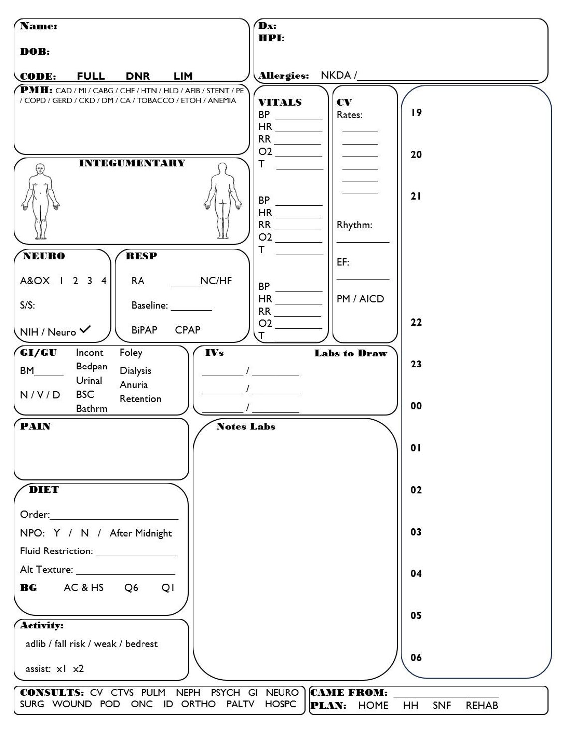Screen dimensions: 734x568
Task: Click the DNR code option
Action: point(138,76)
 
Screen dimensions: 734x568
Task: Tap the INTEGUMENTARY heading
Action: point(132,163)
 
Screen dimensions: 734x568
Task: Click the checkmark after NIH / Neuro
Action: point(85,329)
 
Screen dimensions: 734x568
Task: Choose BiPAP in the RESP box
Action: point(144,330)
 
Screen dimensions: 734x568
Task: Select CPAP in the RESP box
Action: point(188,330)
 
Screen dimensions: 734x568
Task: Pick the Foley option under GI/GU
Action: point(131,353)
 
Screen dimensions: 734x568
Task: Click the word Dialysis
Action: point(136,371)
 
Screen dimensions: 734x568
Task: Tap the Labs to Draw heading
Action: point(351,353)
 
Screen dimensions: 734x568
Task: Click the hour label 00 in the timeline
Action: point(416,406)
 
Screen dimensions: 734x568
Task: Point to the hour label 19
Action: point(416,113)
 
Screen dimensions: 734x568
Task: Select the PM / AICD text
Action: point(360,299)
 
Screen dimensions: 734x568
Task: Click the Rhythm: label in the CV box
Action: point(354,225)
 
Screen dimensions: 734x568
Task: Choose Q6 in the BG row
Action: point(131,588)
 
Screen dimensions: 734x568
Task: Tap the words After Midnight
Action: point(141,533)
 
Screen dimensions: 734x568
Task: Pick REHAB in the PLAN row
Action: point(482,706)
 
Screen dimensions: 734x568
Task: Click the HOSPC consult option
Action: point(281,704)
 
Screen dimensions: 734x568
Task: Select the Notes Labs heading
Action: point(246,427)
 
